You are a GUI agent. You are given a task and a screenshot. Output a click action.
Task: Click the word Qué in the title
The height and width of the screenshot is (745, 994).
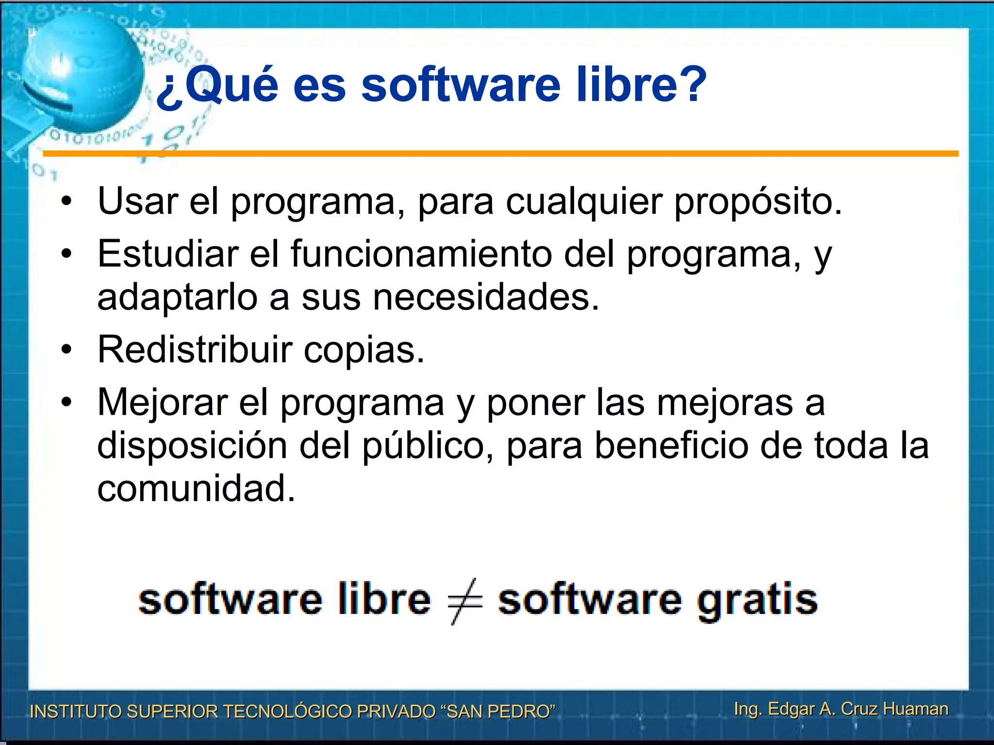click(x=232, y=85)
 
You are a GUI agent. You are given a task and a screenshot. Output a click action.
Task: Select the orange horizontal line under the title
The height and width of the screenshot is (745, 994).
click(x=500, y=154)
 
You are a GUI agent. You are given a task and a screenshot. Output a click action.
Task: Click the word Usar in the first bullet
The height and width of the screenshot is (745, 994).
click(x=138, y=201)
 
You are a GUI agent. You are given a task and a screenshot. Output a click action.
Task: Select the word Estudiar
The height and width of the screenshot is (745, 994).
click(x=168, y=253)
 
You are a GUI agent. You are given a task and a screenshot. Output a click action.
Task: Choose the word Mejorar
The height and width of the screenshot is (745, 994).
click(x=163, y=403)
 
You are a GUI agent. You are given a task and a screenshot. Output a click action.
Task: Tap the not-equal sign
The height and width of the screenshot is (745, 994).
click(x=464, y=601)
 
